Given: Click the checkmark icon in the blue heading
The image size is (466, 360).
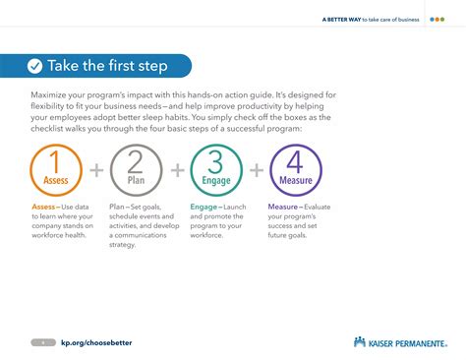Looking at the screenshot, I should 35,66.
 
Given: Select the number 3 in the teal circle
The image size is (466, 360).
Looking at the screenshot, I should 216,162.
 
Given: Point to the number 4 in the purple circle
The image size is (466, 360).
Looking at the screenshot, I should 295,162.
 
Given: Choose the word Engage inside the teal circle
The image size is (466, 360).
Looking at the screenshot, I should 216,181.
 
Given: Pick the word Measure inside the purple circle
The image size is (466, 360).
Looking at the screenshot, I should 295,181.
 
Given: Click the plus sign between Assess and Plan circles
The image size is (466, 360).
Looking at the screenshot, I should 97,170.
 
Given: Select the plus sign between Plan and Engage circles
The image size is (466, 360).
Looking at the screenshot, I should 177,170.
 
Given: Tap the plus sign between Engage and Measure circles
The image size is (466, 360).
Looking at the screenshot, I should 256,170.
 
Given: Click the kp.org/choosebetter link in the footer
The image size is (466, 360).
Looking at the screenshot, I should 96,341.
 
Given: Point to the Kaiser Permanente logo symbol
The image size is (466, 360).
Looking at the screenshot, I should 360,341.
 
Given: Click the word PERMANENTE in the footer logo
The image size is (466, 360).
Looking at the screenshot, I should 421,341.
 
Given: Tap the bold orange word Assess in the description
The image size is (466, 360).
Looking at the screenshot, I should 43,208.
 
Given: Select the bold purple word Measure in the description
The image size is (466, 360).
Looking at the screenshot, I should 283,208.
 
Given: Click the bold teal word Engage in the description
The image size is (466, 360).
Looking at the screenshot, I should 204,208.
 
